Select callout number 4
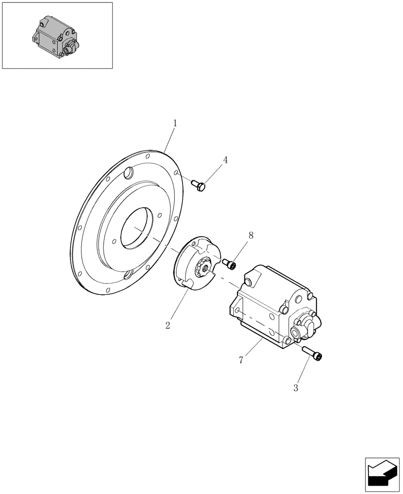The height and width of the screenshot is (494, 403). click(225, 160)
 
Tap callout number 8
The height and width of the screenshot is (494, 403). click(251, 236)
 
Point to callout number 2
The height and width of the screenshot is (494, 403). click(168, 326)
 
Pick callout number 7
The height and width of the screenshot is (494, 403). click(241, 360)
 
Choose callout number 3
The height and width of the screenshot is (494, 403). click(296, 388)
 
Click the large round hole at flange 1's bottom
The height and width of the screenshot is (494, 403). click(127, 274)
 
